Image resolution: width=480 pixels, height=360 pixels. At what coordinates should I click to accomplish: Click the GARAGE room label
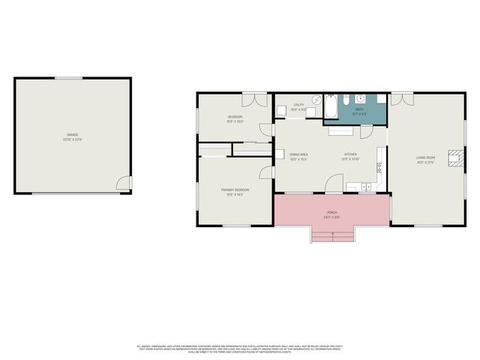click(x=73, y=137)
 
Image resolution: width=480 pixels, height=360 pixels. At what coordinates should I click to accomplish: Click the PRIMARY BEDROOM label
click(x=235, y=191)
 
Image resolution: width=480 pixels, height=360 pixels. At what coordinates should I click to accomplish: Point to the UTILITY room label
click(x=298, y=106)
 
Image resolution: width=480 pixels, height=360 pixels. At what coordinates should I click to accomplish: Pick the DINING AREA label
click(x=299, y=156)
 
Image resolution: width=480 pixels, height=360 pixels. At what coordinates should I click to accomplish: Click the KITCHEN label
click(x=351, y=156)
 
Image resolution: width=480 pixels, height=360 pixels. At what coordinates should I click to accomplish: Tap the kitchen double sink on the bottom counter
click(x=366, y=186)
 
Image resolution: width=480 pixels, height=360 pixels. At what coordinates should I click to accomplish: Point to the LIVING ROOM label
click(x=426, y=158)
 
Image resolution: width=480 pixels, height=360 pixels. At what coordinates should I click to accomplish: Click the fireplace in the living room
click(x=454, y=157)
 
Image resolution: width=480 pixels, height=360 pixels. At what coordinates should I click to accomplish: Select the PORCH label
click(x=331, y=214)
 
